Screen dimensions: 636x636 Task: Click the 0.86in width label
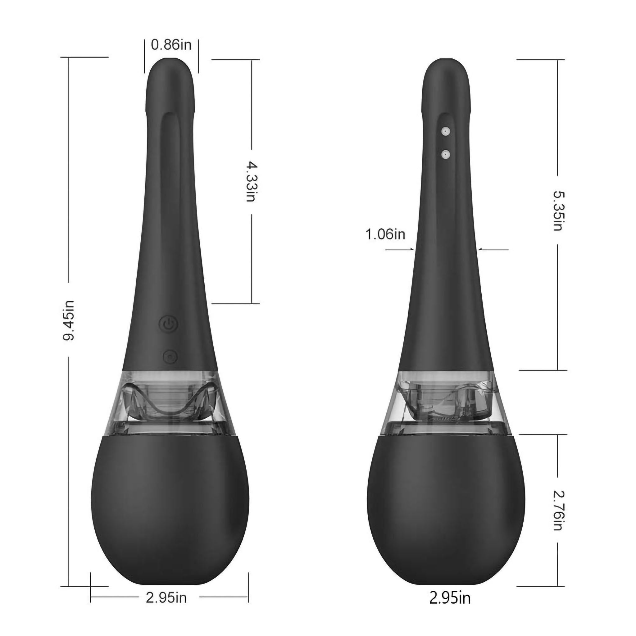171,45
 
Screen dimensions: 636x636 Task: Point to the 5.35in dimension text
558,211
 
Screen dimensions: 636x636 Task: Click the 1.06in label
385,234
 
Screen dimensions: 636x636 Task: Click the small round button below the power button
170,357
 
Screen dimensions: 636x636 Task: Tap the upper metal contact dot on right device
446,131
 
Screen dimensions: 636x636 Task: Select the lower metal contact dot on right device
446,154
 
